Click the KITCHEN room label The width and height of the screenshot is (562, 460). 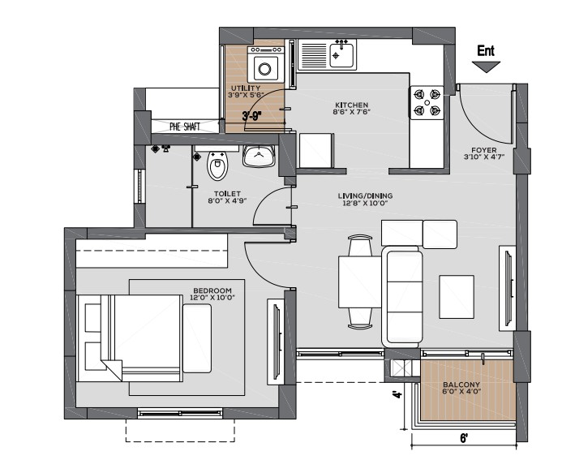(x=351, y=105)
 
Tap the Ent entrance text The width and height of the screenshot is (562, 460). (x=486, y=50)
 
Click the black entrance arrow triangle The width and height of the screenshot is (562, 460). (x=486, y=67)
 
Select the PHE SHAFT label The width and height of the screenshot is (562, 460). (x=185, y=127)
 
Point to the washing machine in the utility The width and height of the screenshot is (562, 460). (x=266, y=65)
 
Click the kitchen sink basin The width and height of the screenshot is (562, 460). (x=341, y=55)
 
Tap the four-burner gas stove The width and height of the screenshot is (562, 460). (x=427, y=102)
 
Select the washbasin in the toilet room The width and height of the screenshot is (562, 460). (x=259, y=156)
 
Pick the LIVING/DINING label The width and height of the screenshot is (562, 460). (x=365, y=196)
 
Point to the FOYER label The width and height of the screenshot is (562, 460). (x=484, y=150)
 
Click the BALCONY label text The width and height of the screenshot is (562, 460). (x=461, y=385)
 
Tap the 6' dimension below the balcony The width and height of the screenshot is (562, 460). (x=464, y=438)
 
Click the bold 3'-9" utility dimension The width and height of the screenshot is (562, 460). (x=252, y=116)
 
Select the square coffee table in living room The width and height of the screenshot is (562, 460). (x=457, y=297)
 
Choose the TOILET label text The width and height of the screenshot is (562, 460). (x=227, y=194)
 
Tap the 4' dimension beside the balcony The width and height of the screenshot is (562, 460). (x=397, y=395)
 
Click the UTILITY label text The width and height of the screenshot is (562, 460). (x=246, y=88)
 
